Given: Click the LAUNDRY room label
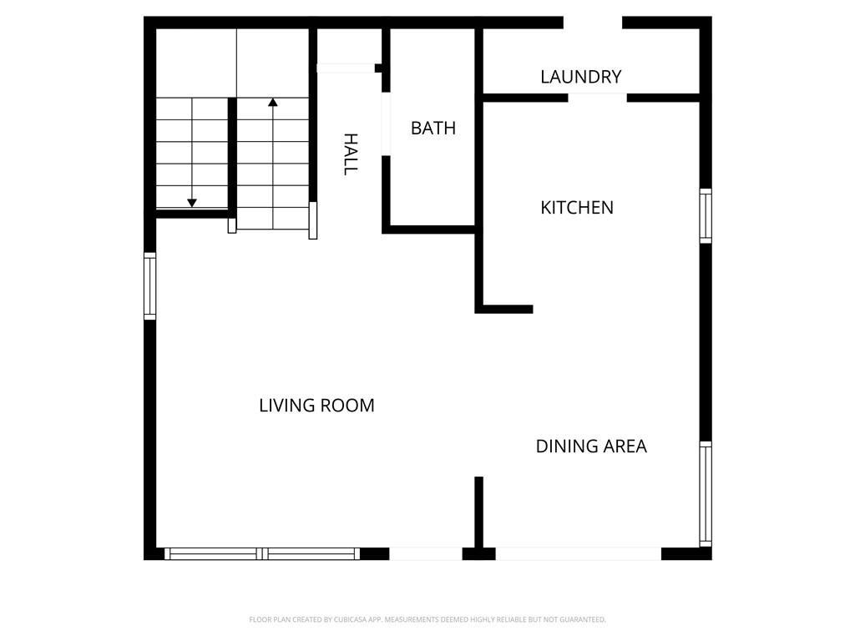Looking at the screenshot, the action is point(581,77).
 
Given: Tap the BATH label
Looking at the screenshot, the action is point(433,128).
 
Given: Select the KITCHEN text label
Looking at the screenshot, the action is point(577,208).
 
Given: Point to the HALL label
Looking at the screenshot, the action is point(351,154).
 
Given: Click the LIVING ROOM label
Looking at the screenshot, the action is point(316,406).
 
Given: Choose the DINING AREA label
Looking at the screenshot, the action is point(591,447).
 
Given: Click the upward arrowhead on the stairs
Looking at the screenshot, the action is point(273,102).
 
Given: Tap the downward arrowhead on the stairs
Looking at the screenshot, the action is point(192,203).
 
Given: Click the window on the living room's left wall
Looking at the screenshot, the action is point(150,286).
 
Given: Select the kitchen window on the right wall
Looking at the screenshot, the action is point(706,216).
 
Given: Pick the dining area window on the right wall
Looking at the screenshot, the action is point(706,494).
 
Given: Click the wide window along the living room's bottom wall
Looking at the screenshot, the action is point(262,554).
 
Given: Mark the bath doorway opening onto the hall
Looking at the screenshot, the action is point(386,124).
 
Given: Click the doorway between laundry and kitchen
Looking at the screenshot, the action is point(597,98).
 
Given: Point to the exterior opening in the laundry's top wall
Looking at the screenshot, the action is point(593,23).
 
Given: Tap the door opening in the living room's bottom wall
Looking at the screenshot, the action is point(425,554).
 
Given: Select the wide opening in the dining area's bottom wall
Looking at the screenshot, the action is point(578,554).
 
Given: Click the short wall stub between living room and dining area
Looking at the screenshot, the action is point(478,512).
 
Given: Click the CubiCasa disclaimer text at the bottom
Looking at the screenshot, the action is point(427,620).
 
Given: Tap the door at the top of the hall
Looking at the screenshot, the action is point(346,68).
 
